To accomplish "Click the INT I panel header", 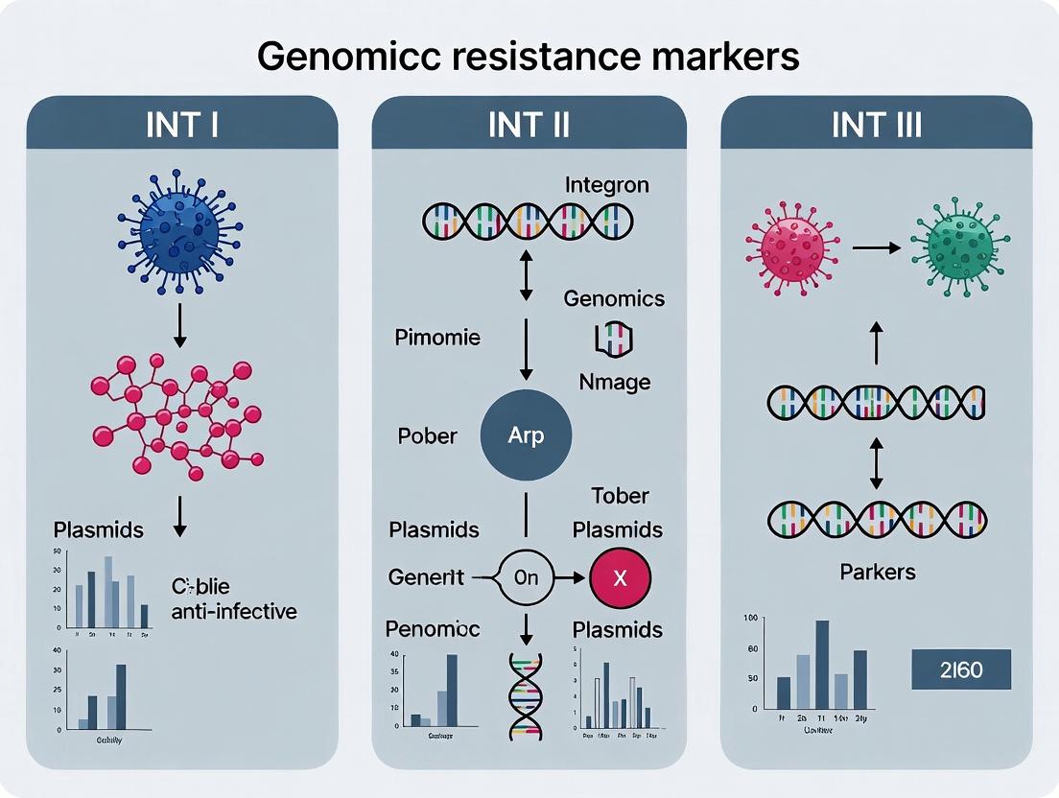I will [x=182, y=126].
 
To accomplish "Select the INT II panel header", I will [x=529, y=126].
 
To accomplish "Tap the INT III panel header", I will [x=876, y=126].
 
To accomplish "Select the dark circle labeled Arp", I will [x=526, y=435].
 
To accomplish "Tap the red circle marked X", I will [x=619, y=578].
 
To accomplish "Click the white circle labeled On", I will [x=526, y=578].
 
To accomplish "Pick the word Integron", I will [x=607, y=184].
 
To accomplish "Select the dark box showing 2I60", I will [x=960, y=669].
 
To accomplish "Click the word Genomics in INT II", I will [x=614, y=298].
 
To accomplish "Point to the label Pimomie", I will [x=437, y=338].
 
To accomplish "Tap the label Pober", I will [x=427, y=435].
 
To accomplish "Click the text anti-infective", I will [x=234, y=610].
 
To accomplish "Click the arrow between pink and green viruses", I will [x=874, y=247].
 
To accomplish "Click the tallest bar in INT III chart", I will [x=822, y=665].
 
